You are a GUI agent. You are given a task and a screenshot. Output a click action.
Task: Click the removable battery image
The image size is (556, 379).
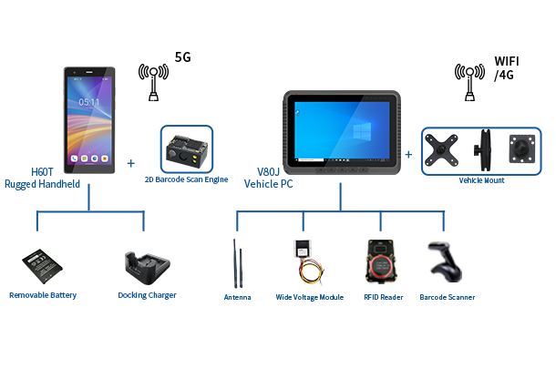[x=42, y=266]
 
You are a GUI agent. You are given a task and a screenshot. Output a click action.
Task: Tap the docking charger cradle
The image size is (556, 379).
[x=147, y=268]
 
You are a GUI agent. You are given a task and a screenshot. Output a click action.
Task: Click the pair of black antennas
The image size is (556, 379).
[x=238, y=263]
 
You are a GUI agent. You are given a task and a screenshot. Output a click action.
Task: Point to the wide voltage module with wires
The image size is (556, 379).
[x=308, y=262]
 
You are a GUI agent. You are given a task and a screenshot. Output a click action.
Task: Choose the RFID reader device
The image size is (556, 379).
[x=381, y=261]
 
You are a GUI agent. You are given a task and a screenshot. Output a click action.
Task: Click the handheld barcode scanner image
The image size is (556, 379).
[x=445, y=262]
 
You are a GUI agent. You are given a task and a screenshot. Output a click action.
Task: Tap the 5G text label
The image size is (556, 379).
[x=183, y=57]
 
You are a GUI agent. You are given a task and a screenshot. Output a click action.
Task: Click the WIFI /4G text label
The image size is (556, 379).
[x=507, y=68]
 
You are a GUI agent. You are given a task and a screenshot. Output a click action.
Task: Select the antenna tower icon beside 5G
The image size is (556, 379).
[x=153, y=82]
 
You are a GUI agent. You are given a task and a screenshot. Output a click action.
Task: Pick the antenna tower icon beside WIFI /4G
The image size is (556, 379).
[x=469, y=82]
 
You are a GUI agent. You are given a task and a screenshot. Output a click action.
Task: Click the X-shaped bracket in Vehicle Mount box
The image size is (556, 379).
[x=441, y=150]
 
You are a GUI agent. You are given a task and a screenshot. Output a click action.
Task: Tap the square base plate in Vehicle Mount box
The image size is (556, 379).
[x=522, y=149]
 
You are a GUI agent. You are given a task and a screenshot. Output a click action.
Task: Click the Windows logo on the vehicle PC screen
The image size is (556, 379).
[x=362, y=131]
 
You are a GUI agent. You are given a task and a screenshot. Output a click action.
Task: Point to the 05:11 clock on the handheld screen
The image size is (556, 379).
[x=88, y=102]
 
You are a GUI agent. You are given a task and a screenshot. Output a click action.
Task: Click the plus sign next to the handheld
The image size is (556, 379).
[x=131, y=163]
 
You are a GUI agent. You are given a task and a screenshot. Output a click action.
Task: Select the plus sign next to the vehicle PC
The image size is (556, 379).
[x=408, y=155]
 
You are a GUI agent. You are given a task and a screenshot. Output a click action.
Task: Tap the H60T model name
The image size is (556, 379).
[x=42, y=172]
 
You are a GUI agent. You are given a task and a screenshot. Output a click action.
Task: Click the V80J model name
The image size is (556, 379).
[x=268, y=172]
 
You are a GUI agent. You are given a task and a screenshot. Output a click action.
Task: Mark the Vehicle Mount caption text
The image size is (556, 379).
[x=481, y=180]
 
